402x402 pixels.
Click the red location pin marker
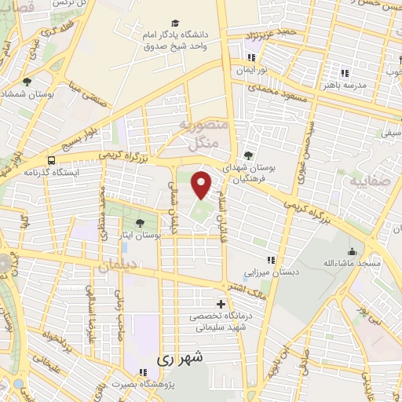click(x=202, y=184)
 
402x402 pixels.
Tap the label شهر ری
click(x=180, y=358)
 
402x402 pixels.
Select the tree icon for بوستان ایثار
click(x=140, y=223)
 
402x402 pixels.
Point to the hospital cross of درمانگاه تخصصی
click(x=220, y=304)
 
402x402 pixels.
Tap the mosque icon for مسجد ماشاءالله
click(x=351, y=252)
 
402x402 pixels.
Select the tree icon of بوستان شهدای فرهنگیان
click(x=248, y=155)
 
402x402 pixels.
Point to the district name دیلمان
click(x=118, y=267)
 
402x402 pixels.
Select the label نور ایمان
click(x=252, y=70)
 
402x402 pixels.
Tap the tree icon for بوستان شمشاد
click(x=27, y=81)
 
